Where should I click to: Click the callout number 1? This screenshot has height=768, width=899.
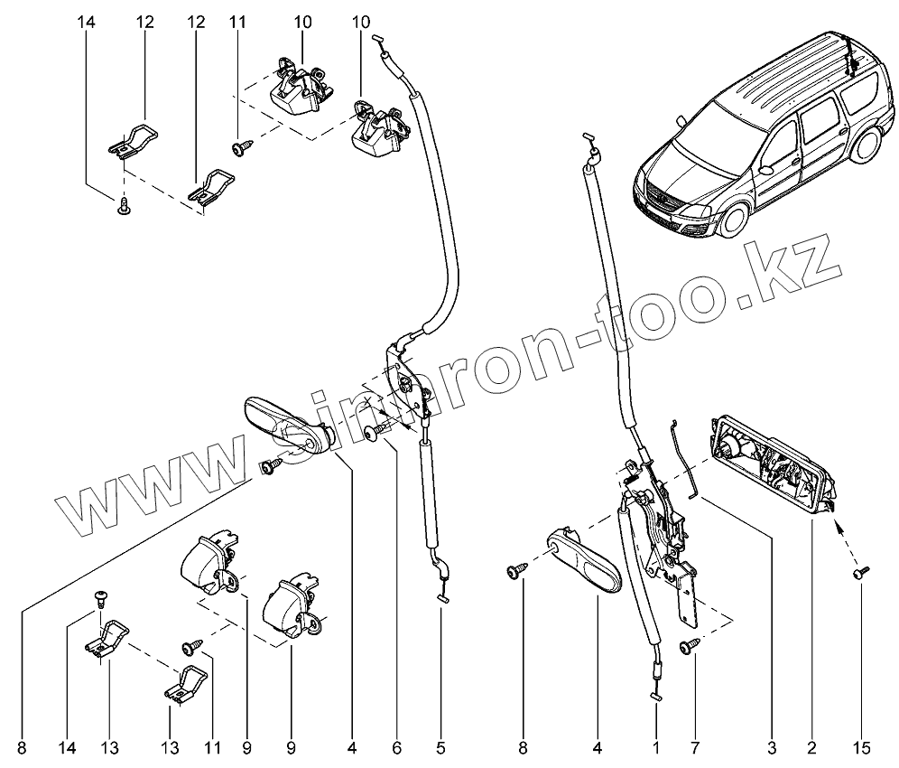pos(656,747)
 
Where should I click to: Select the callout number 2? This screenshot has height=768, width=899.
pos(811,747)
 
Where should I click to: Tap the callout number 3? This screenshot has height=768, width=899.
pos(772,747)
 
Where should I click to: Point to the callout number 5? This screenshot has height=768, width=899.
pos(440,747)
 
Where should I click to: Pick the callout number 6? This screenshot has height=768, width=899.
pos(396,747)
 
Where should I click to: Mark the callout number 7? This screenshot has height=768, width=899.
pos(696,747)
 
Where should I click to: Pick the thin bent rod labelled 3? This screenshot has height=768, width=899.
pos(682,456)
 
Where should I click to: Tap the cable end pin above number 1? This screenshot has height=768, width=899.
pos(656,695)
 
